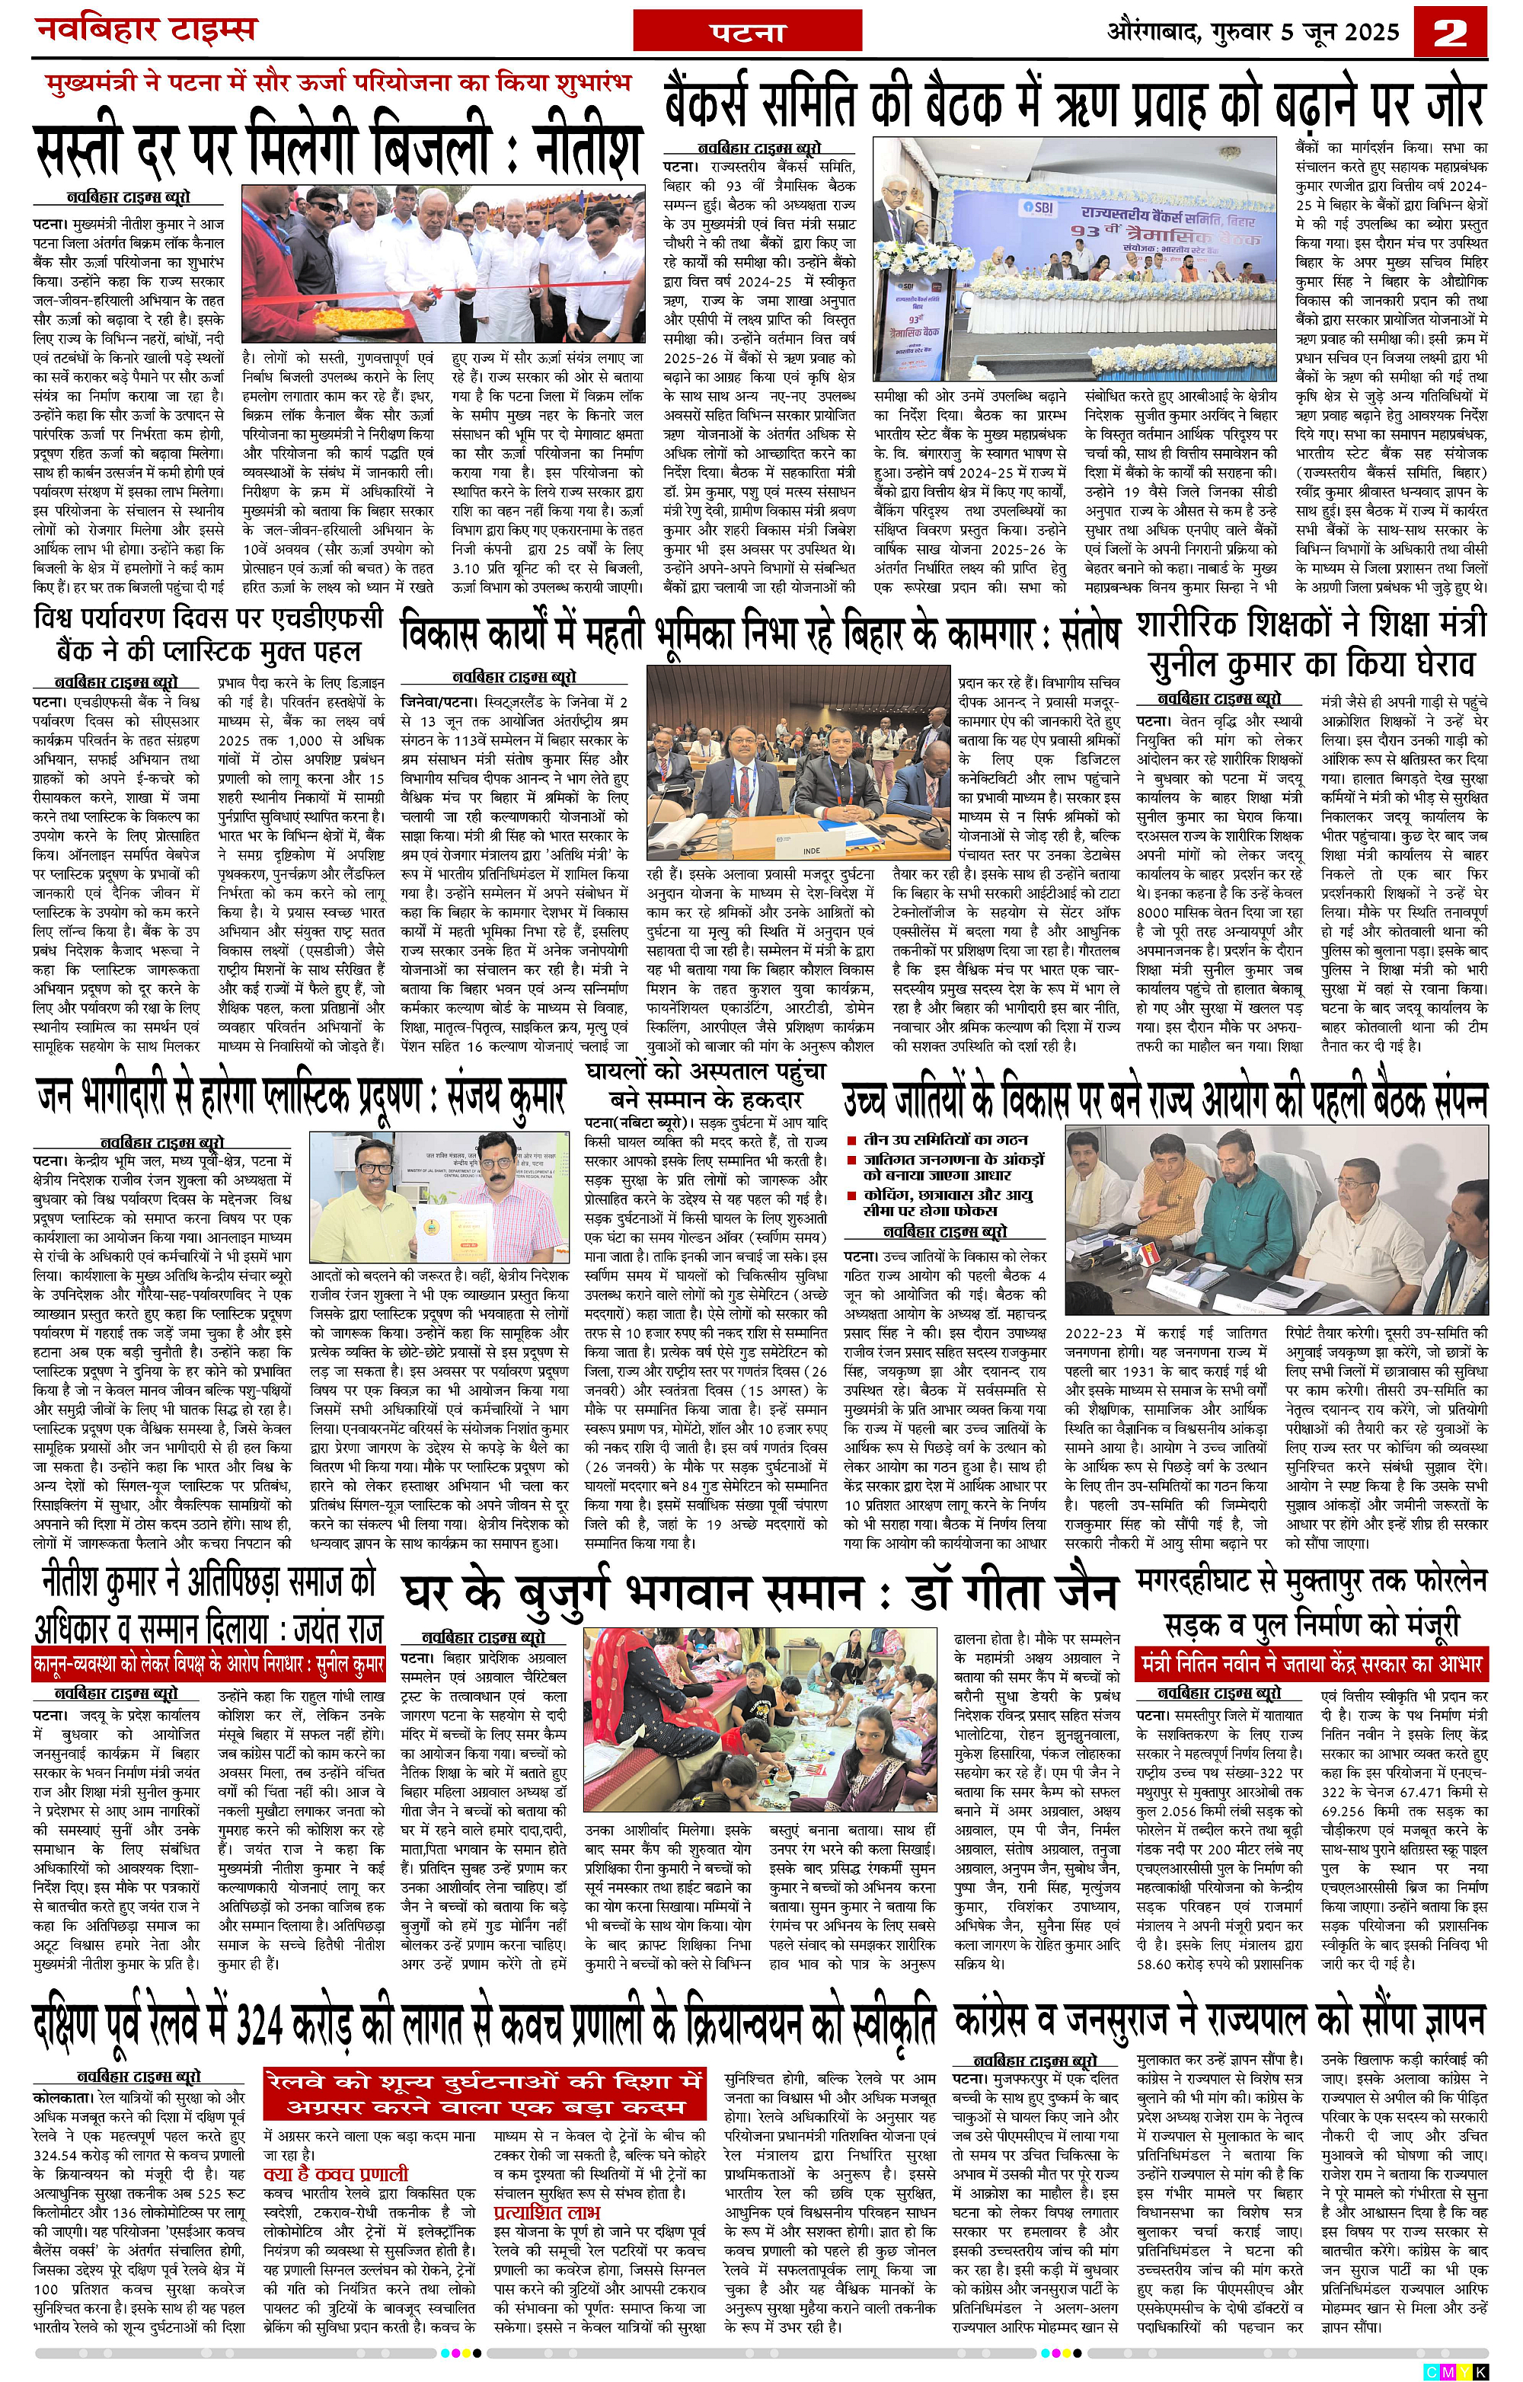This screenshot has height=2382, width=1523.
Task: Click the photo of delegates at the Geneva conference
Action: pos(797,761)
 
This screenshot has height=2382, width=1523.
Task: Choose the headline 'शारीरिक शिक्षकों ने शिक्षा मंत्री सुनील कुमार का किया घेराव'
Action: pos(1311,643)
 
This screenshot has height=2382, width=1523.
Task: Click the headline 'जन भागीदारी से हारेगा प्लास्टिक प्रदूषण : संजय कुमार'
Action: pos(301,1096)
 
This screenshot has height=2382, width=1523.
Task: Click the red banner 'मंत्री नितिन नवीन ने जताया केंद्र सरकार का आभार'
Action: pos(1311,1661)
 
